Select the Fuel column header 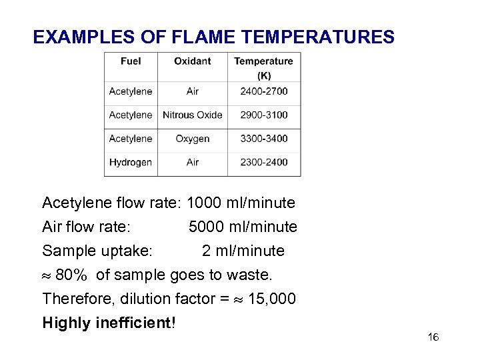pos(131,61)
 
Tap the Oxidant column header pos(193,61)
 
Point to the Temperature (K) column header pos(263,68)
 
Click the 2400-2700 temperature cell pos(264,91)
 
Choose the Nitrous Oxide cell pos(193,115)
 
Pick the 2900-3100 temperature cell pos(264,115)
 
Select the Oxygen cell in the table pos(193,139)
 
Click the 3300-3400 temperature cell pos(264,139)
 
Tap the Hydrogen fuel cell pos(131,162)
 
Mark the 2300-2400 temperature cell pos(264,162)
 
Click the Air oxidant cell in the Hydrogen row pos(193,162)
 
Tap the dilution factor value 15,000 pos(271,299)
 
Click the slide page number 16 pos(433,338)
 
